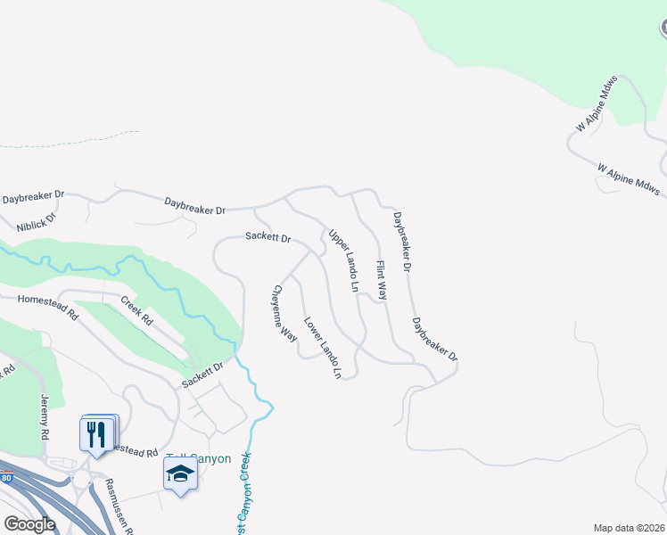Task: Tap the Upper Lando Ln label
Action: (x=342, y=261)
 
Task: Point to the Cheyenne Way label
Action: (x=284, y=313)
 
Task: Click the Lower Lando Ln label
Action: (x=323, y=349)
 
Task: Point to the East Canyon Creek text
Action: (x=243, y=495)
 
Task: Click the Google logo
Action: (x=29, y=524)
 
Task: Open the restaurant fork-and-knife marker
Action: (x=96, y=434)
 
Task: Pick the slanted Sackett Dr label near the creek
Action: (x=202, y=374)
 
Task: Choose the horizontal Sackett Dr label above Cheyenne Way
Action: (x=269, y=239)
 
